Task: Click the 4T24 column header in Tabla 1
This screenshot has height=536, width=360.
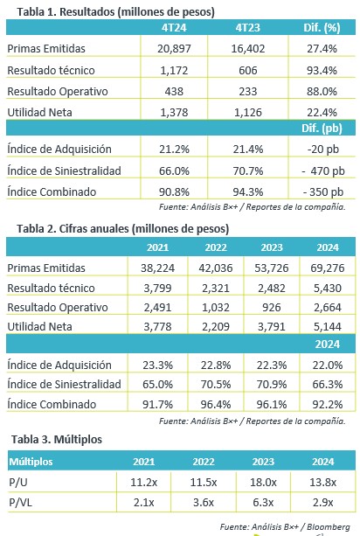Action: tap(174, 28)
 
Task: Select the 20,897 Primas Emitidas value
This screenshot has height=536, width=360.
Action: tap(174, 49)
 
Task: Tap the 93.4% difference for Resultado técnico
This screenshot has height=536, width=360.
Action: tap(322, 71)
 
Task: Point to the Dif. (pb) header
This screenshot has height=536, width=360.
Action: tap(322, 129)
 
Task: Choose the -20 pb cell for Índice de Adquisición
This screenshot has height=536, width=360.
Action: tap(322, 150)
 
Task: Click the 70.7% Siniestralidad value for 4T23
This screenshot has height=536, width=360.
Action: tap(248, 171)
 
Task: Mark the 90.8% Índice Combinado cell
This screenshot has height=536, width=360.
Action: tap(174, 191)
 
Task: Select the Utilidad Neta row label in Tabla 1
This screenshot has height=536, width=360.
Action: tap(39, 113)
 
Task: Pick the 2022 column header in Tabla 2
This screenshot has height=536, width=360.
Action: tap(216, 247)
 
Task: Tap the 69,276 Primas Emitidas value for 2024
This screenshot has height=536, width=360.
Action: tap(327, 268)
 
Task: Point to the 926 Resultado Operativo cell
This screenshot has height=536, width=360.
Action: tap(272, 307)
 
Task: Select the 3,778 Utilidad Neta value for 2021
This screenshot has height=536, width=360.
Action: tap(157, 327)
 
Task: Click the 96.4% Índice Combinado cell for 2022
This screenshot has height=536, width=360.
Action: tap(216, 404)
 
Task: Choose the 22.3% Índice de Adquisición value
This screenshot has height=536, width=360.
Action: tap(272, 365)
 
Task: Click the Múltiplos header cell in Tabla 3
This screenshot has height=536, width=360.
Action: tap(31, 462)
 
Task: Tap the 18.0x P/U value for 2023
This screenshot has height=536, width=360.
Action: tap(263, 483)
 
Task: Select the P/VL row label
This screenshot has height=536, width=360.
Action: tap(20, 503)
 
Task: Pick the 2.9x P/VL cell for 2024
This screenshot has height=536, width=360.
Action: tap(322, 503)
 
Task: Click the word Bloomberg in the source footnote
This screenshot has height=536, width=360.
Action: tap(329, 526)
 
